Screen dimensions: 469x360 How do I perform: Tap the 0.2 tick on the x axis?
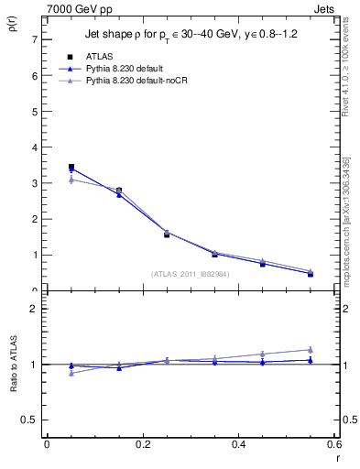(x=143, y=444)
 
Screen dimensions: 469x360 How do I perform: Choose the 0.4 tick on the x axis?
(x=239, y=444)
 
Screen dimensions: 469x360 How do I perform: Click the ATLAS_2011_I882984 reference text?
(x=190, y=273)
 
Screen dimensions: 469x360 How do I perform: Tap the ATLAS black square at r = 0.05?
(x=71, y=167)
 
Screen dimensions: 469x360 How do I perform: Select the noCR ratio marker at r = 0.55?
(x=311, y=349)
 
